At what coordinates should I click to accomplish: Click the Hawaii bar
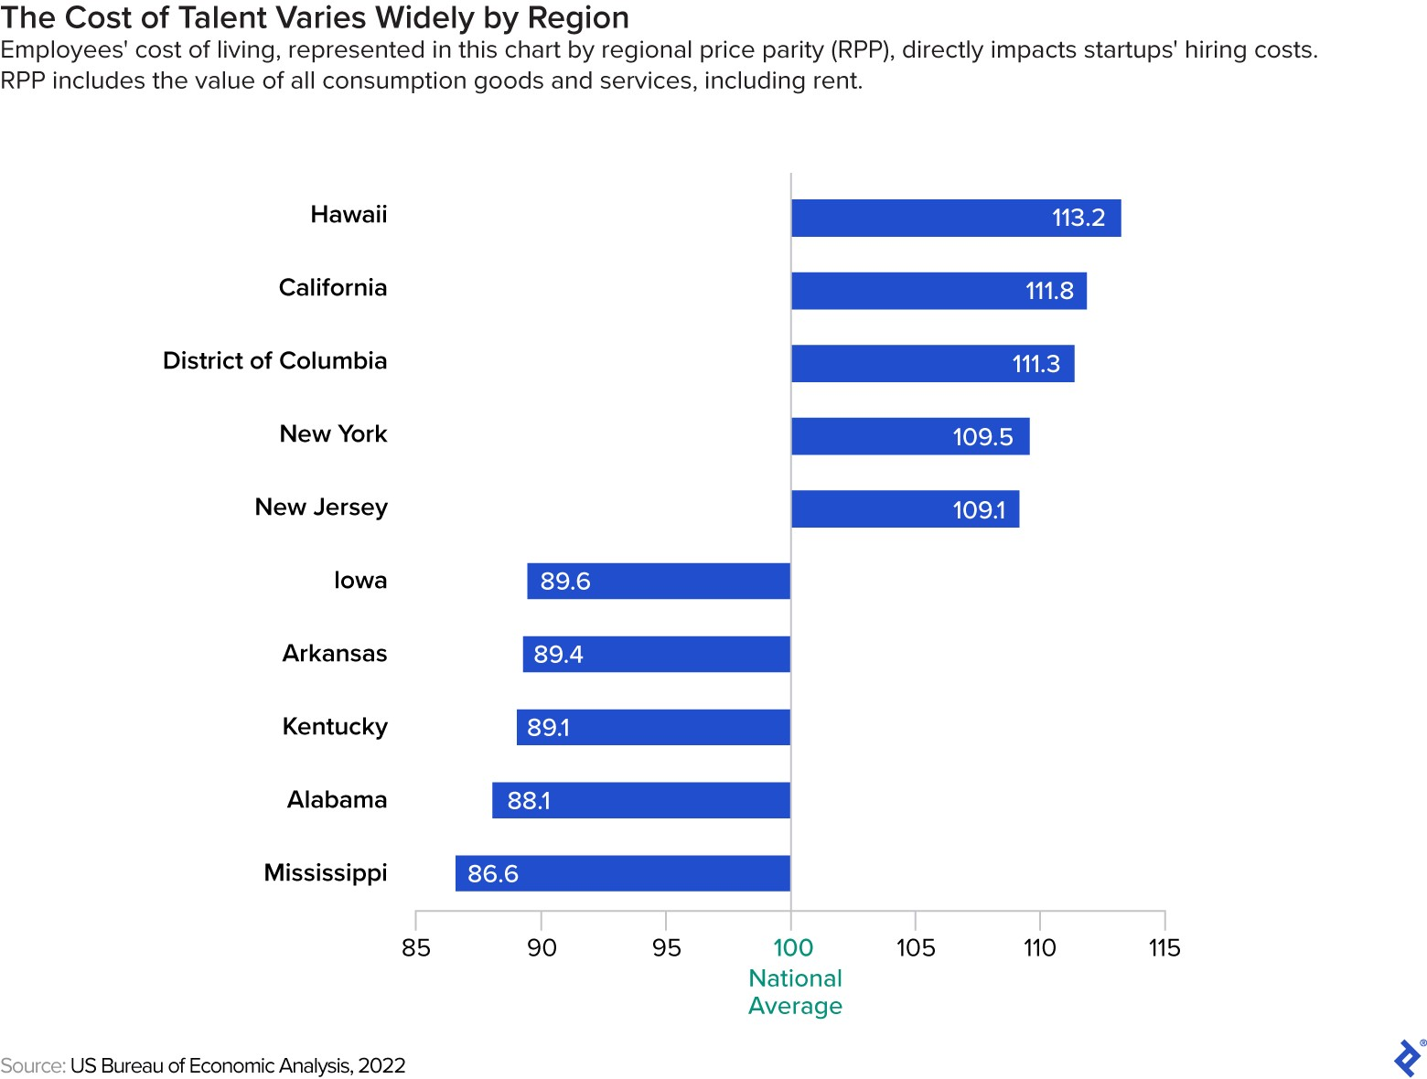click(955, 218)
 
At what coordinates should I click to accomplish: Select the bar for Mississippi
click(622, 873)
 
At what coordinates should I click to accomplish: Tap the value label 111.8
click(1049, 291)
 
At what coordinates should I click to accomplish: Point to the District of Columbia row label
click(274, 360)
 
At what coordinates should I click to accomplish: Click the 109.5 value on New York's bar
click(982, 437)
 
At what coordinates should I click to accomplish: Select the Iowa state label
click(359, 581)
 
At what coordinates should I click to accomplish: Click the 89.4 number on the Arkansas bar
click(558, 655)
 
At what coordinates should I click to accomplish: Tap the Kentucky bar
click(652, 727)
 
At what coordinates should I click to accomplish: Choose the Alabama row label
click(337, 800)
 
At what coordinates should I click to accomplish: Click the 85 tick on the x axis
click(416, 947)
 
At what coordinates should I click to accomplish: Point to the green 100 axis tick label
click(792, 947)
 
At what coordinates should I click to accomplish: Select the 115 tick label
click(1164, 947)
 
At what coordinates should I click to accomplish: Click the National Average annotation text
click(795, 992)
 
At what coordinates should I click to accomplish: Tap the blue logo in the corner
click(1407, 1058)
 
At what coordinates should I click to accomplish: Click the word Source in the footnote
click(32, 1065)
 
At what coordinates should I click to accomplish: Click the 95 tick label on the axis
click(666, 947)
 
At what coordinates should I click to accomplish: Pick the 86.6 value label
click(492, 874)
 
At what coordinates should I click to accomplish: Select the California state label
click(333, 287)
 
